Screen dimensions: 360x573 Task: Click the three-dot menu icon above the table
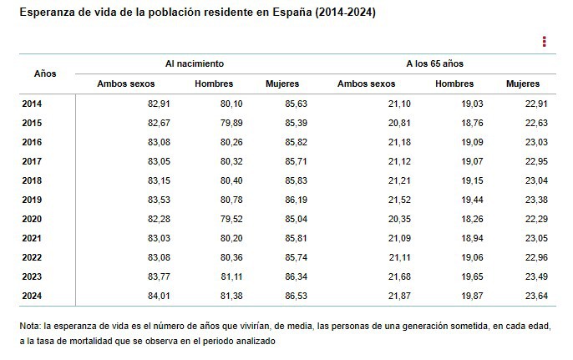pyautogui.click(x=544, y=42)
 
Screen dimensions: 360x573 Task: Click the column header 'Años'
pyautogui.click(x=45, y=74)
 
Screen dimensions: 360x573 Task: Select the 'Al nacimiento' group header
pyautogui.click(x=194, y=63)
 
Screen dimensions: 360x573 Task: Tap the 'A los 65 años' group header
pyautogui.click(x=434, y=63)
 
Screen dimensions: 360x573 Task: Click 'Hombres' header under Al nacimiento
pyautogui.click(x=214, y=84)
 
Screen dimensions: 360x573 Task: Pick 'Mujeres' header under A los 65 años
pyautogui.click(x=523, y=84)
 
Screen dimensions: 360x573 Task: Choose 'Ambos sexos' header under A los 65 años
pyautogui.click(x=366, y=84)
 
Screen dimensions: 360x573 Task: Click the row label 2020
pyautogui.click(x=31, y=219)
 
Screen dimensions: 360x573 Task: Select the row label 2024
pyautogui.click(x=31, y=296)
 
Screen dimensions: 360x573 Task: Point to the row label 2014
pyautogui.click(x=31, y=104)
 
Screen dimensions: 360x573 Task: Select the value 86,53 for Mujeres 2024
pyautogui.click(x=295, y=296)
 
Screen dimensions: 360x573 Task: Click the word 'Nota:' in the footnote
pyautogui.click(x=31, y=327)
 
